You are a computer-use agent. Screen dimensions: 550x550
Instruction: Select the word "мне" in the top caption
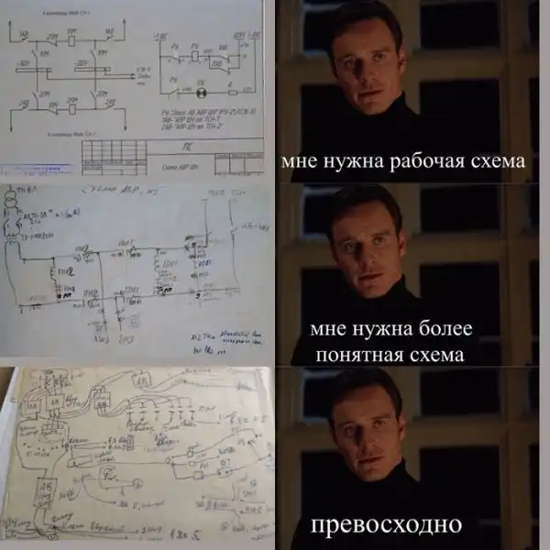tap(301, 162)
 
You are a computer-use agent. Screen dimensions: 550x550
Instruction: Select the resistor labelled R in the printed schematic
tap(232, 92)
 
